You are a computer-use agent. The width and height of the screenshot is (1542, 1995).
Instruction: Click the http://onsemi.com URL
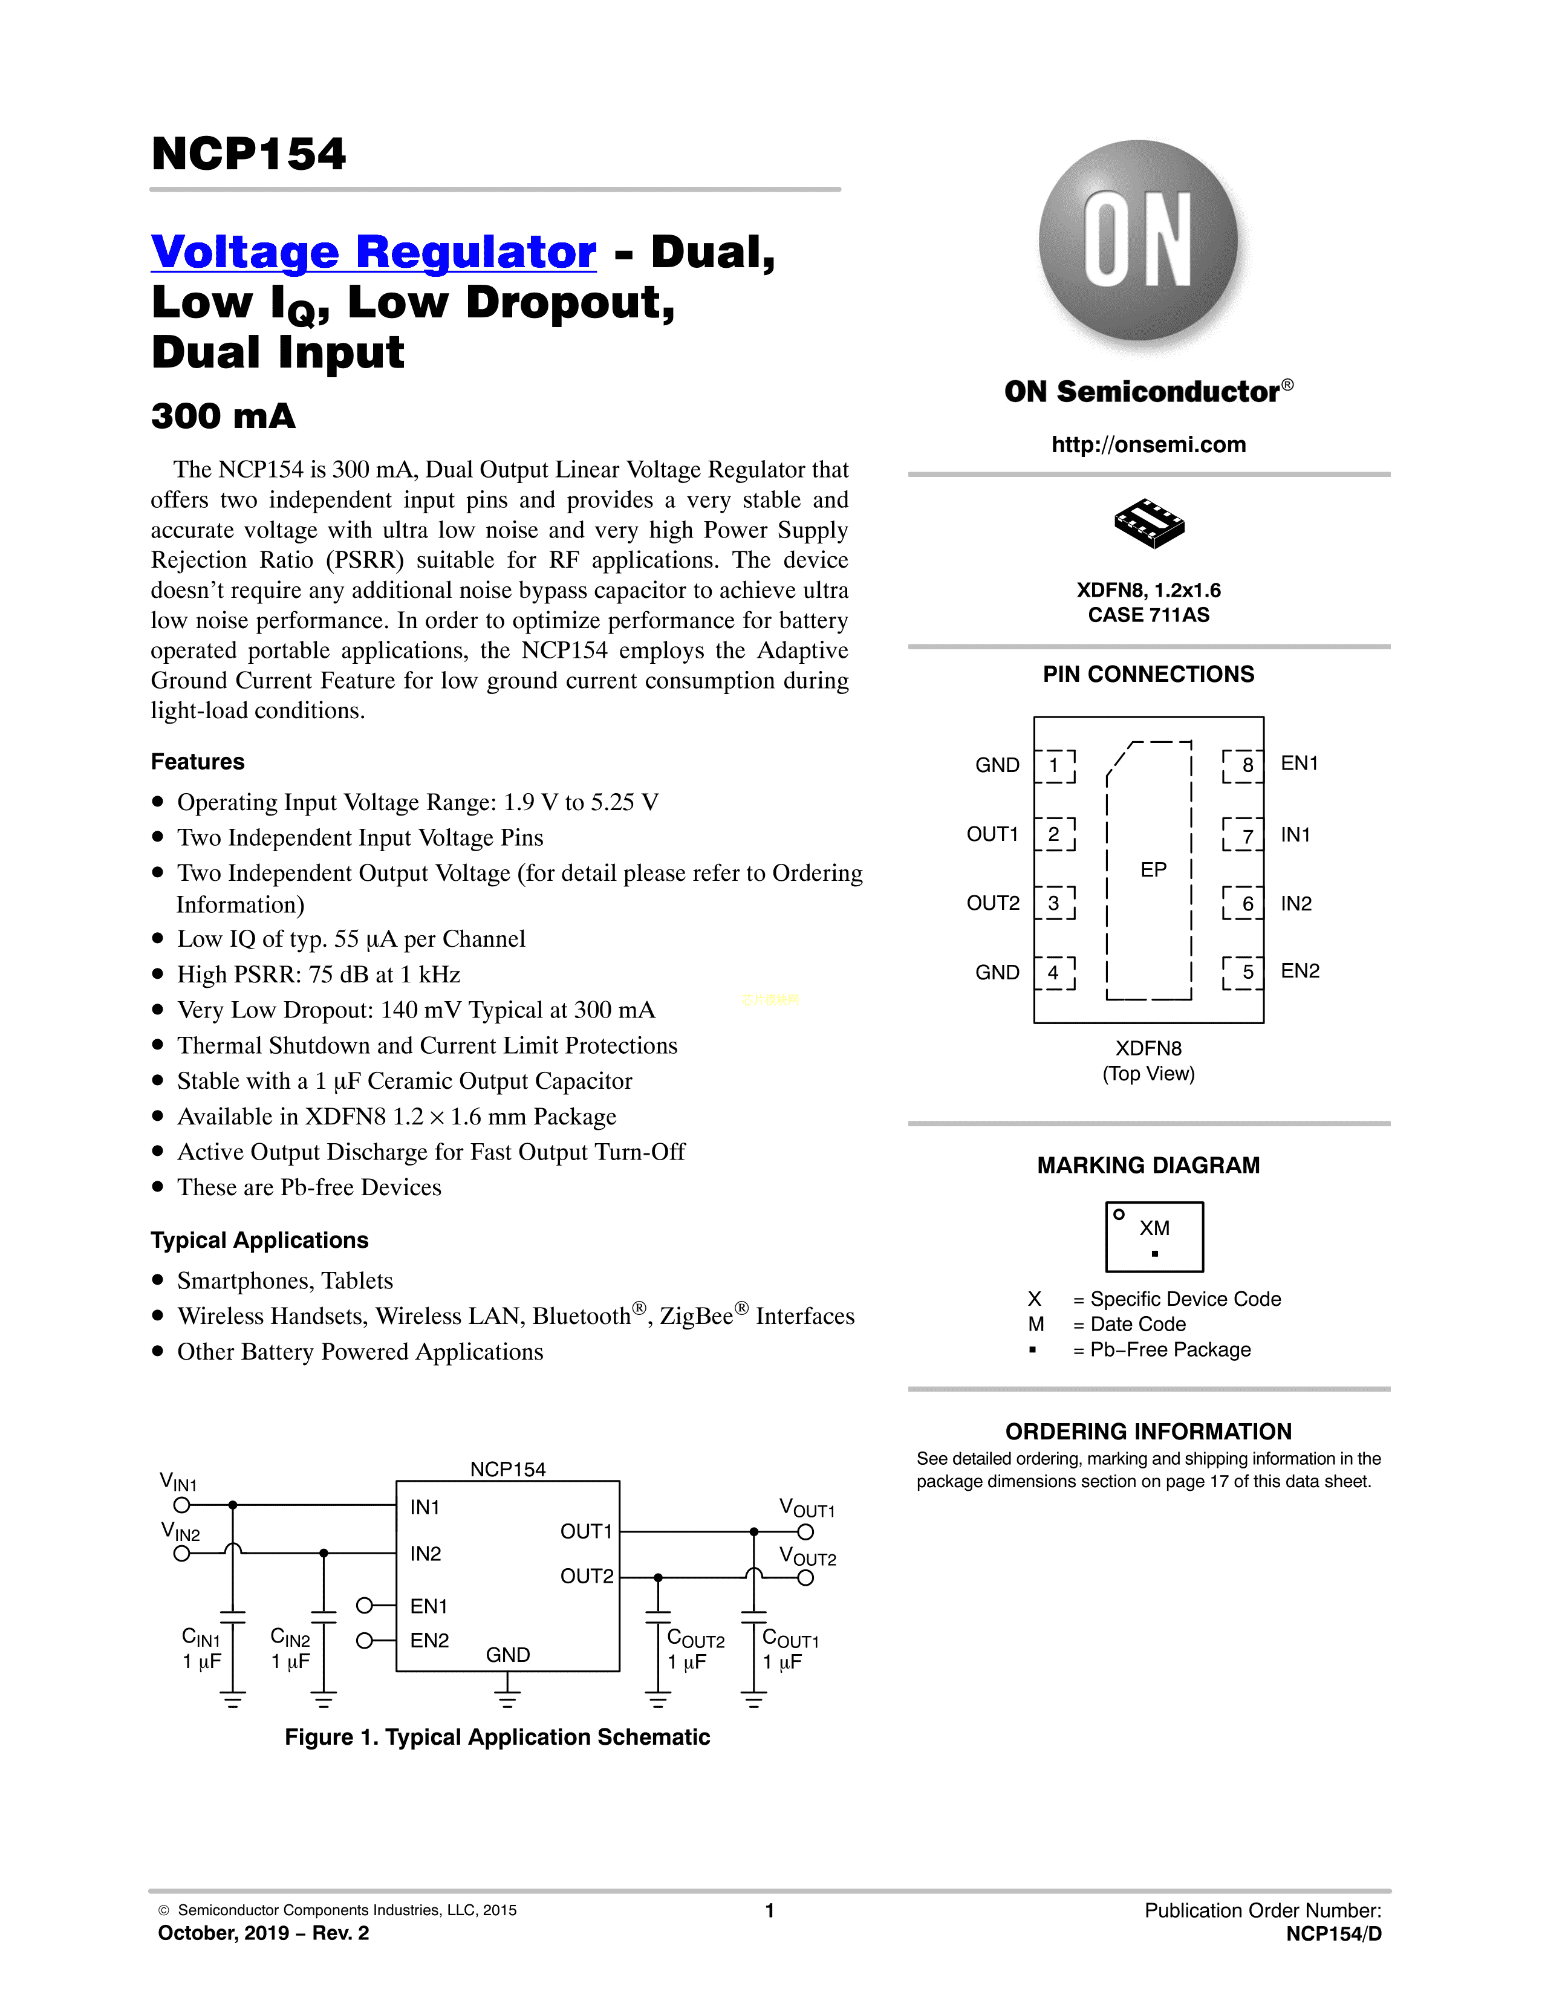pyautogui.click(x=1148, y=445)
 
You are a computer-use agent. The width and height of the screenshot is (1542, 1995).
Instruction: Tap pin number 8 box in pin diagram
pyautogui.click(x=1243, y=765)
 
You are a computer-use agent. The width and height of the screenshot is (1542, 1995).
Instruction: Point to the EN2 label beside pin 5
pyautogui.click(x=1299, y=971)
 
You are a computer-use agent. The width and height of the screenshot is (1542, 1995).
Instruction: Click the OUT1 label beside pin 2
pyautogui.click(x=992, y=834)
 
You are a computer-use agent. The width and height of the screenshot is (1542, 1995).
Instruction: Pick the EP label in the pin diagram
pyautogui.click(x=1153, y=869)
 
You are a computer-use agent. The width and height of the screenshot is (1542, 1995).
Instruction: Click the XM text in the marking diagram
pyautogui.click(x=1154, y=1228)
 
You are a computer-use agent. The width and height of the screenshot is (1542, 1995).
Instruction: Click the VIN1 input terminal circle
pyautogui.click(x=182, y=1505)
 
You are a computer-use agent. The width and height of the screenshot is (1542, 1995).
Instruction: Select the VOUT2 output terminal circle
pyautogui.click(x=805, y=1577)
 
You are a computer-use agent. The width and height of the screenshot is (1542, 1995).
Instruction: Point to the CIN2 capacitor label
pyautogui.click(x=290, y=1638)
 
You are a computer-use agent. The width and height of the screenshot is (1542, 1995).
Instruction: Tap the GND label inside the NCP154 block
pyautogui.click(x=508, y=1654)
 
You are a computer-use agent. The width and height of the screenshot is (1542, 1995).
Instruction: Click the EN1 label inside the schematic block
pyautogui.click(x=429, y=1606)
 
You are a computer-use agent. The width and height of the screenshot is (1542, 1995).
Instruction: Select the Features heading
pyautogui.click(x=197, y=762)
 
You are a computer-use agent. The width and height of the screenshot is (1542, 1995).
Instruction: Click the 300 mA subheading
pyautogui.click(x=224, y=417)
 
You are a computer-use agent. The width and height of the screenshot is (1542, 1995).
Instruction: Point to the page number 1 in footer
pyautogui.click(x=770, y=1910)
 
